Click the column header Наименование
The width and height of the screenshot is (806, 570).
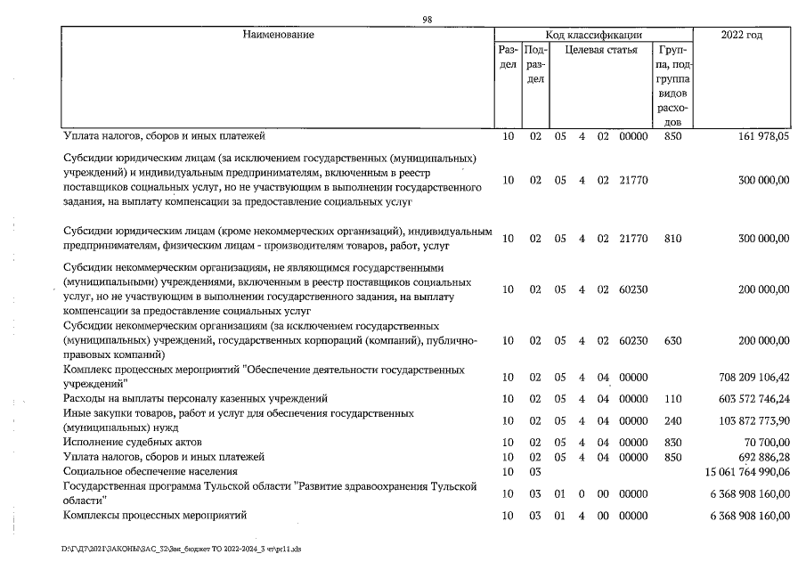click(278, 35)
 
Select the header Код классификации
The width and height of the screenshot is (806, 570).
click(594, 35)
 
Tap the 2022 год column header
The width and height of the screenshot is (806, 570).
click(746, 35)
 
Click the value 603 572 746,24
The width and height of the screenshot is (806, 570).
click(748, 398)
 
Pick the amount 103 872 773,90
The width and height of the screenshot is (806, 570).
click(748, 420)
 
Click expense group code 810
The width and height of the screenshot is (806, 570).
click(673, 239)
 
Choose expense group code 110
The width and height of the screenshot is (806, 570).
click(673, 398)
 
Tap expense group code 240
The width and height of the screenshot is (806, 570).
click(673, 420)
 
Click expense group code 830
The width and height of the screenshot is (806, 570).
click(673, 442)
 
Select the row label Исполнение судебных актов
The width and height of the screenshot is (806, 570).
click(133, 442)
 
